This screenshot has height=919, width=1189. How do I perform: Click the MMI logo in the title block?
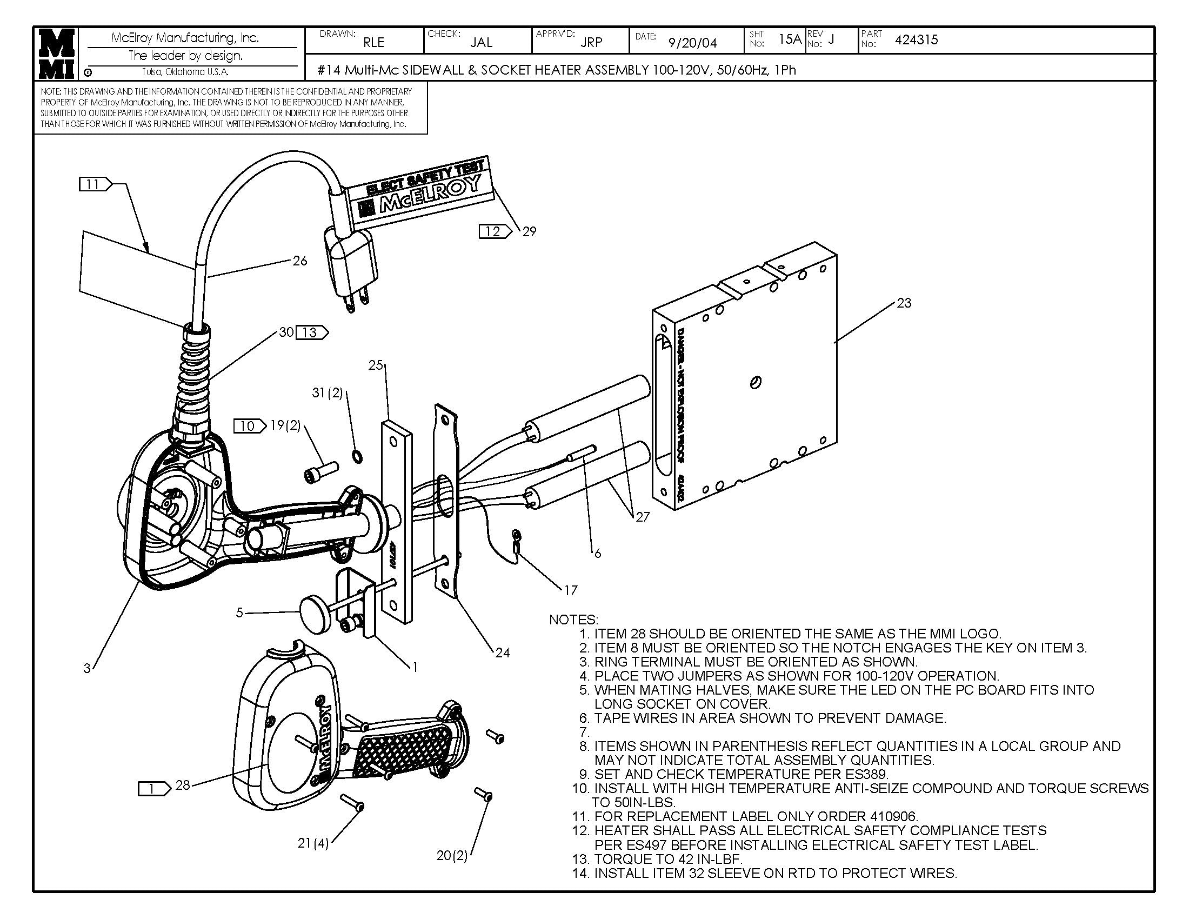click(56, 54)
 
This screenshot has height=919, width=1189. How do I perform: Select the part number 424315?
click(916, 40)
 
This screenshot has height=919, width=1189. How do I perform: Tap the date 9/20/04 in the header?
click(692, 43)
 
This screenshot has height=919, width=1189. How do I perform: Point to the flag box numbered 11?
click(94, 184)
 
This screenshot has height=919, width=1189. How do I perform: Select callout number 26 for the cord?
click(300, 261)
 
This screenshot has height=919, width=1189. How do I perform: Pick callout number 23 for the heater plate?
click(904, 303)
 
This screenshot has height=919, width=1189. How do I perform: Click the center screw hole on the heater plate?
click(756, 383)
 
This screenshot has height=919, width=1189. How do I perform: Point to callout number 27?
click(643, 516)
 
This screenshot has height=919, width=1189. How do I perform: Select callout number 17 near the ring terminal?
click(571, 590)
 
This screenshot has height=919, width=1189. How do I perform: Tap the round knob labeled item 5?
click(314, 613)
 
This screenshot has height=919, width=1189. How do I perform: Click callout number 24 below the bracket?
click(502, 652)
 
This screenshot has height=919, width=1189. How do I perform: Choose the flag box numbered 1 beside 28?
click(153, 788)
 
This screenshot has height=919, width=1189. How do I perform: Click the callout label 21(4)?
click(313, 843)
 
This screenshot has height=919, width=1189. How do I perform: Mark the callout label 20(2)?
click(452, 855)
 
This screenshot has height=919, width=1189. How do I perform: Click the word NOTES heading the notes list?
click(573, 620)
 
